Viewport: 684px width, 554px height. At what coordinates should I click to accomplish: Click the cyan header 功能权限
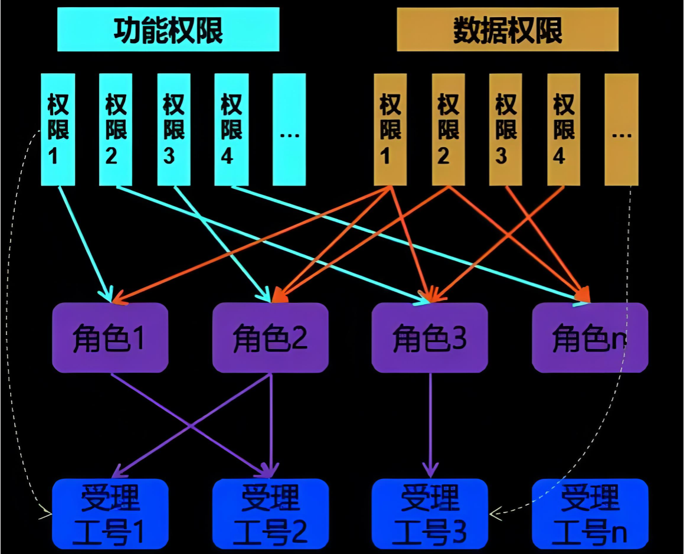(168, 30)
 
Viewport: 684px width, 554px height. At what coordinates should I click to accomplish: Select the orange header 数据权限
(508, 30)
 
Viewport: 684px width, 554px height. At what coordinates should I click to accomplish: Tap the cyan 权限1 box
(58, 129)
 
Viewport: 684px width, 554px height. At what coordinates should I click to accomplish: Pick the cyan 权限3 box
(174, 129)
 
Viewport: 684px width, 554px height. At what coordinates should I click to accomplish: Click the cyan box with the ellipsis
(289, 129)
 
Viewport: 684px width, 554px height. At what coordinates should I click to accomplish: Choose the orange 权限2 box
(449, 129)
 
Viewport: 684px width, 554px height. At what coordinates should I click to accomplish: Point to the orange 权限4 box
(564, 129)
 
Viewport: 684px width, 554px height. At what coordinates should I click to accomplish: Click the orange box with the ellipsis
(621, 129)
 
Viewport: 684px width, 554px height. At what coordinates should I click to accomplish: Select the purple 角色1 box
(110, 338)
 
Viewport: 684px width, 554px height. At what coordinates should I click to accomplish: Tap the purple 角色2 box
(270, 338)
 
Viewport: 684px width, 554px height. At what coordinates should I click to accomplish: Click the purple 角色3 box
(430, 338)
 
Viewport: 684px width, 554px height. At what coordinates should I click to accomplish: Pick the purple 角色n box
(590, 338)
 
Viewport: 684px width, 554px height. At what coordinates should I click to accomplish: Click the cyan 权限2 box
(116, 129)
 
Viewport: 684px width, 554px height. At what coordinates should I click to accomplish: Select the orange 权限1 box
(390, 129)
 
